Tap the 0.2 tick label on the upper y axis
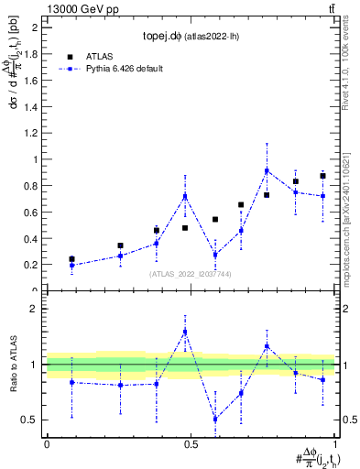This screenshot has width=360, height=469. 31,265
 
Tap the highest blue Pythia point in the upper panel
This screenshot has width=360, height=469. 267,170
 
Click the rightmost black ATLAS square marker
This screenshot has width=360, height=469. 322,176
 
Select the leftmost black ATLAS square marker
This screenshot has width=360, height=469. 71,259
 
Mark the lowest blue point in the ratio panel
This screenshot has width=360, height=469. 215,419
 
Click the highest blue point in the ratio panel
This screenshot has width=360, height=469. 185,332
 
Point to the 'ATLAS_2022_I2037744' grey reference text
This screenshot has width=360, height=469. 191,274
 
